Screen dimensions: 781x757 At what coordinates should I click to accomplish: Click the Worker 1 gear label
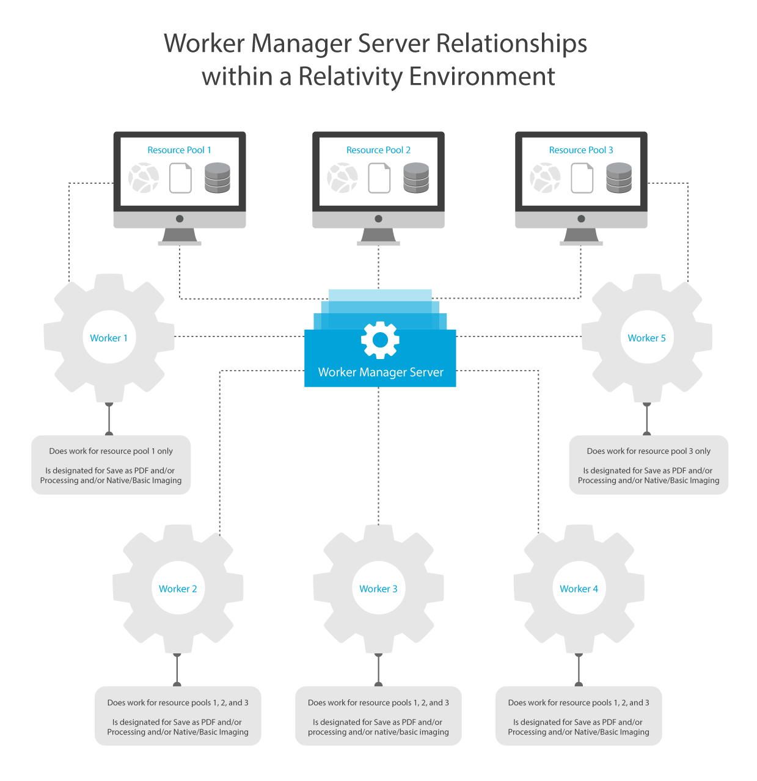(x=109, y=338)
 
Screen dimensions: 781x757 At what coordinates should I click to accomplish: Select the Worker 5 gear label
(x=646, y=338)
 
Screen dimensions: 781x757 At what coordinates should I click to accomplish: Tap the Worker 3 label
(x=378, y=589)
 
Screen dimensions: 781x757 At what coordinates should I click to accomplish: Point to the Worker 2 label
(x=178, y=589)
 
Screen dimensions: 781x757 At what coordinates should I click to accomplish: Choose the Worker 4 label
(x=579, y=589)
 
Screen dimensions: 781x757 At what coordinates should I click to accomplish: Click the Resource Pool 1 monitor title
(x=180, y=150)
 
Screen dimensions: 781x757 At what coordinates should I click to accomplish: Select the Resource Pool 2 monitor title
(x=378, y=150)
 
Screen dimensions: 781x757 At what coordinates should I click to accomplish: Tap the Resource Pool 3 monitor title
(x=581, y=150)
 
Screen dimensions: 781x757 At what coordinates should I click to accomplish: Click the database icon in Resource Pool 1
(x=218, y=178)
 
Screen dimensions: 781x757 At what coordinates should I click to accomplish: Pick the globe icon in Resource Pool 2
(x=342, y=178)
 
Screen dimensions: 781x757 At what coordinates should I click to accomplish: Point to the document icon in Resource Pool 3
(x=582, y=178)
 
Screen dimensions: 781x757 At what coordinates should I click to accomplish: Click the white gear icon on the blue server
(x=380, y=340)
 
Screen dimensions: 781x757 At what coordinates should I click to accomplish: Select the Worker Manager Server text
(x=381, y=372)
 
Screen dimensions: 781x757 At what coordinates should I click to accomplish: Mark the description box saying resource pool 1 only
(x=111, y=465)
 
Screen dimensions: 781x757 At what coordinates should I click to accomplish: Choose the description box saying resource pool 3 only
(x=649, y=465)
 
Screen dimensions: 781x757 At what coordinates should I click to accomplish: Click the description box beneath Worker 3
(x=378, y=716)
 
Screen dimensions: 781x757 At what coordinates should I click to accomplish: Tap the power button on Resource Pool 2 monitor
(x=378, y=219)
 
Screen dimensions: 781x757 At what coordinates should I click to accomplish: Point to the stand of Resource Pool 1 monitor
(x=180, y=237)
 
